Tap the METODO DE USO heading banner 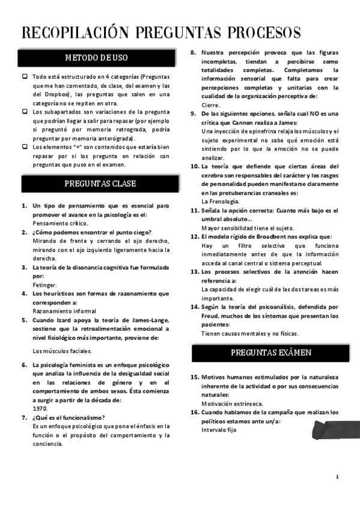[96, 58]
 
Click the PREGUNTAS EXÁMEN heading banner [271, 352]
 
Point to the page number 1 [337, 477]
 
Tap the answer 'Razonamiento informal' [64, 311]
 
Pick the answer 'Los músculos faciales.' [63, 351]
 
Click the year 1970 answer [40, 408]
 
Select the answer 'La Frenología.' [221, 201]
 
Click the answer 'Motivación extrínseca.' [233, 404]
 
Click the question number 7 [24, 417]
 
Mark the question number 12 [195, 237]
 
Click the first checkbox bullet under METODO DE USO [25, 76]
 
